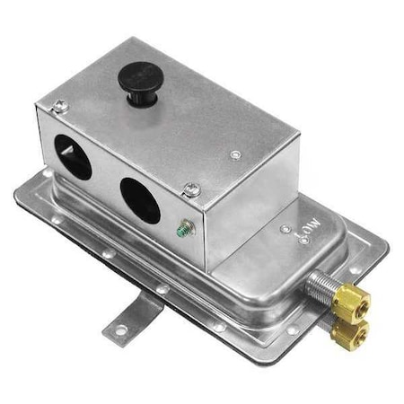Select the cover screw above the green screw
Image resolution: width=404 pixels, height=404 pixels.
click(x=191, y=189)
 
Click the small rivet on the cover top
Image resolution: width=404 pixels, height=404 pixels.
click(x=235, y=155)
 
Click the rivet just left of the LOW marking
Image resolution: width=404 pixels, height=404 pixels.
click(x=285, y=230)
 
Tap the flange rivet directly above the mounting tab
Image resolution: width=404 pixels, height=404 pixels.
click(x=162, y=290)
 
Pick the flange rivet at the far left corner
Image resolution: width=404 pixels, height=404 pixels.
click(x=47, y=172)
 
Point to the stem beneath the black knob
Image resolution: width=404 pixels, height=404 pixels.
click(x=139, y=97)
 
